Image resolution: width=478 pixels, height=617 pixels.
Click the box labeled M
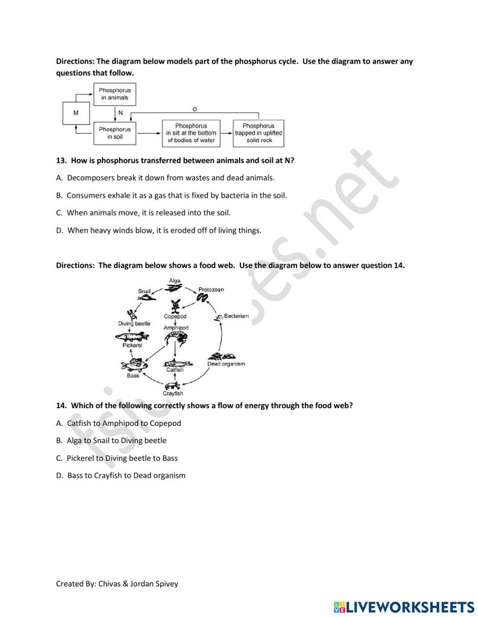click(x=76, y=113)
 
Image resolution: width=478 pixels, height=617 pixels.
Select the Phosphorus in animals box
click(x=115, y=94)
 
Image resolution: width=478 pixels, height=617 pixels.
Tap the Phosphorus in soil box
click(x=115, y=133)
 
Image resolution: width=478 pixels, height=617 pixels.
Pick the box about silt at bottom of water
click(x=191, y=133)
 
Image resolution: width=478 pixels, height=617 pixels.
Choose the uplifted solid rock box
click(x=259, y=133)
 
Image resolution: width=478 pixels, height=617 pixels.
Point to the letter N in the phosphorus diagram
click(x=120, y=113)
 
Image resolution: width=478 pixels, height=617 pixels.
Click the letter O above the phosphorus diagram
click(x=194, y=109)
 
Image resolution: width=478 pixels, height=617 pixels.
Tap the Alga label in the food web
click(x=174, y=281)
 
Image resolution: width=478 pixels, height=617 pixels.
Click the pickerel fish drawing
click(x=132, y=337)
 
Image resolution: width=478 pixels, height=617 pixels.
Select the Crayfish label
click(x=173, y=393)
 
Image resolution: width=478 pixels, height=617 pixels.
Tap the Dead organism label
click(x=226, y=364)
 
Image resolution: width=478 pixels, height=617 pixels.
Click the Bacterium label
click(x=236, y=316)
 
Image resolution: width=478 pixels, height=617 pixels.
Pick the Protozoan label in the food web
click(x=211, y=290)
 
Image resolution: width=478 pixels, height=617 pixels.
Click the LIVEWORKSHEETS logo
click(x=404, y=607)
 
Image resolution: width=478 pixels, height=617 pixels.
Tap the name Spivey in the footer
click(x=166, y=584)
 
